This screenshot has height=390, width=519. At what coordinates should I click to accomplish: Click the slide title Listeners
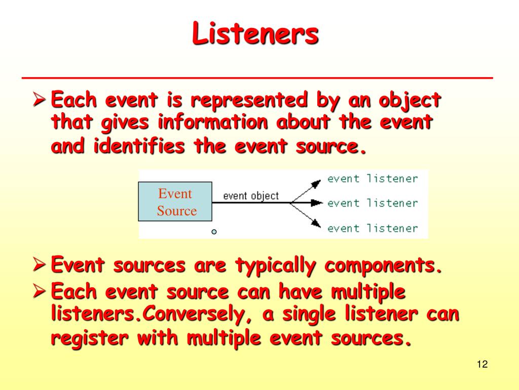pyautogui.click(x=255, y=33)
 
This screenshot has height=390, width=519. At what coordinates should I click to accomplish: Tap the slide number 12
pyautogui.click(x=483, y=364)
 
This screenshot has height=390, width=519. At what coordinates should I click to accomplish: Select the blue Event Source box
pyautogui.click(x=175, y=201)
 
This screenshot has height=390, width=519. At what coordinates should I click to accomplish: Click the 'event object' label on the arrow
pyautogui.click(x=251, y=196)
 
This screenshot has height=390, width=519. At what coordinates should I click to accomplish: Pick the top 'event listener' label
pyautogui.click(x=373, y=179)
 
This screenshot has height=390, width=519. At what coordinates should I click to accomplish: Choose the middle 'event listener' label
pyautogui.click(x=373, y=203)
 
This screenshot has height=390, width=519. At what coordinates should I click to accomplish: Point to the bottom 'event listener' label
pyautogui.click(x=373, y=228)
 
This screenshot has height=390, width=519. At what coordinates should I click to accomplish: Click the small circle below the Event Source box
pyautogui.click(x=214, y=232)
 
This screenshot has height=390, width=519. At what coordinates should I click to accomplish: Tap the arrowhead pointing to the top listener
pyautogui.click(x=316, y=183)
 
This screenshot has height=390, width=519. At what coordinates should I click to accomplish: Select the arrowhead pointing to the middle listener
pyautogui.click(x=317, y=203)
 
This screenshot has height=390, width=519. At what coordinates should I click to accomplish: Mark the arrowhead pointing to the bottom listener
pyautogui.click(x=316, y=223)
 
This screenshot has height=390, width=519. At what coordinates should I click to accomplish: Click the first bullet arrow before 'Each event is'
pyautogui.click(x=40, y=100)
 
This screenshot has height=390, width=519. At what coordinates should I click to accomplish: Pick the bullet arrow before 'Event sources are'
pyautogui.click(x=40, y=265)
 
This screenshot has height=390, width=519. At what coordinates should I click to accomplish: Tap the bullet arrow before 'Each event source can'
pyautogui.click(x=40, y=291)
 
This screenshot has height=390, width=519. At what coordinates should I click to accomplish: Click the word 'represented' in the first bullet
pyautogui.click(x=249, y=100)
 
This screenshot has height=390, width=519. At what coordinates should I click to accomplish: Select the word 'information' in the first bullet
pyautogui.click(x=213, y=122)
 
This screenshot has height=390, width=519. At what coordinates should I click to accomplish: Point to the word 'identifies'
pyautogui.click(x=139, y=146)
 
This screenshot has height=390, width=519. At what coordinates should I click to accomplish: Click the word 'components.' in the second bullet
pyautogui.click(x=383, y=266)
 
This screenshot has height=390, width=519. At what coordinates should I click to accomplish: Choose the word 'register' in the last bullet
pyautogui.click(x=89, y=339)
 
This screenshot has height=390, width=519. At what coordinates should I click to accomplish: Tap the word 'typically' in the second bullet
pyautogui.click(x=275, y=266)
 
